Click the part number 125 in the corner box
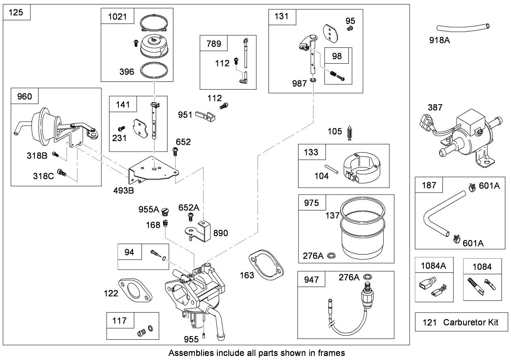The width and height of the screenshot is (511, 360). click(16, 13)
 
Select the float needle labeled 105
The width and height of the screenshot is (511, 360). click(350, 134)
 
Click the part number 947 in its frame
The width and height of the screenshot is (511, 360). click(311, 280)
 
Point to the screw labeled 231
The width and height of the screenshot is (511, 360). click(120, 129)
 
